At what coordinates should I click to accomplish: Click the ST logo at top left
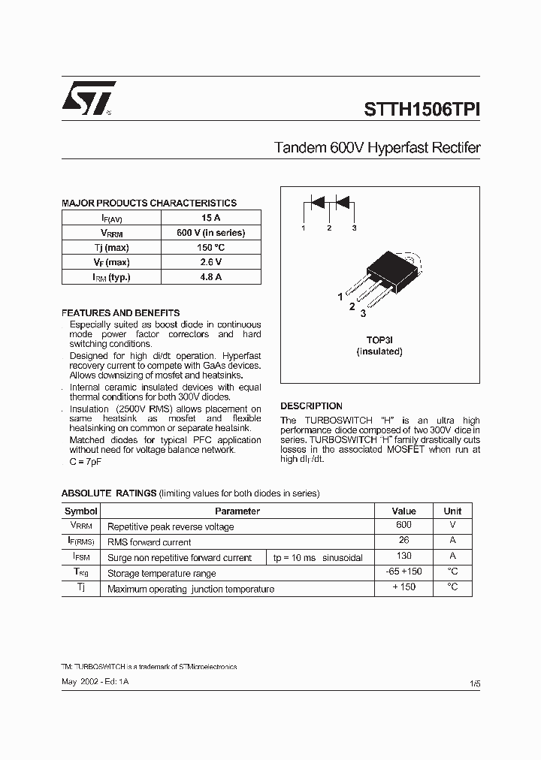pos(88,98)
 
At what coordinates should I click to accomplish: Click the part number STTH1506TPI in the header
pos(422,108)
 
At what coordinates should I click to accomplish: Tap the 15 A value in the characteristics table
pos(210,218)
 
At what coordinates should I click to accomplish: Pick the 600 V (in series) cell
pos(210,233)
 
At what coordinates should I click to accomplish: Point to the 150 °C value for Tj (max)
pos(210,248)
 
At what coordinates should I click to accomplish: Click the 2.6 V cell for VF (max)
pos(210,262)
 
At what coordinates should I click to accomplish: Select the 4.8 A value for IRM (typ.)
pos(210,277)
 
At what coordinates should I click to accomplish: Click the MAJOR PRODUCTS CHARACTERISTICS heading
pos(149,204)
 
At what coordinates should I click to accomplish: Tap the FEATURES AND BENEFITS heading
pos(120,312)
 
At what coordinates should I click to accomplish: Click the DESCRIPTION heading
pos(311,406)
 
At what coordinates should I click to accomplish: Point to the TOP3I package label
pos(379,339)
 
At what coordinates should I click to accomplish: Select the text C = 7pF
pos(85,461)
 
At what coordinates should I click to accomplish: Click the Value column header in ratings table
pos(403,511)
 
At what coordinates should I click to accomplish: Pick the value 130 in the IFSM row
pos(403,556)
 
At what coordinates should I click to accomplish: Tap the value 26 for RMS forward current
pos(403,541)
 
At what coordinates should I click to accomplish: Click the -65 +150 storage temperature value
pos(403,572)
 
